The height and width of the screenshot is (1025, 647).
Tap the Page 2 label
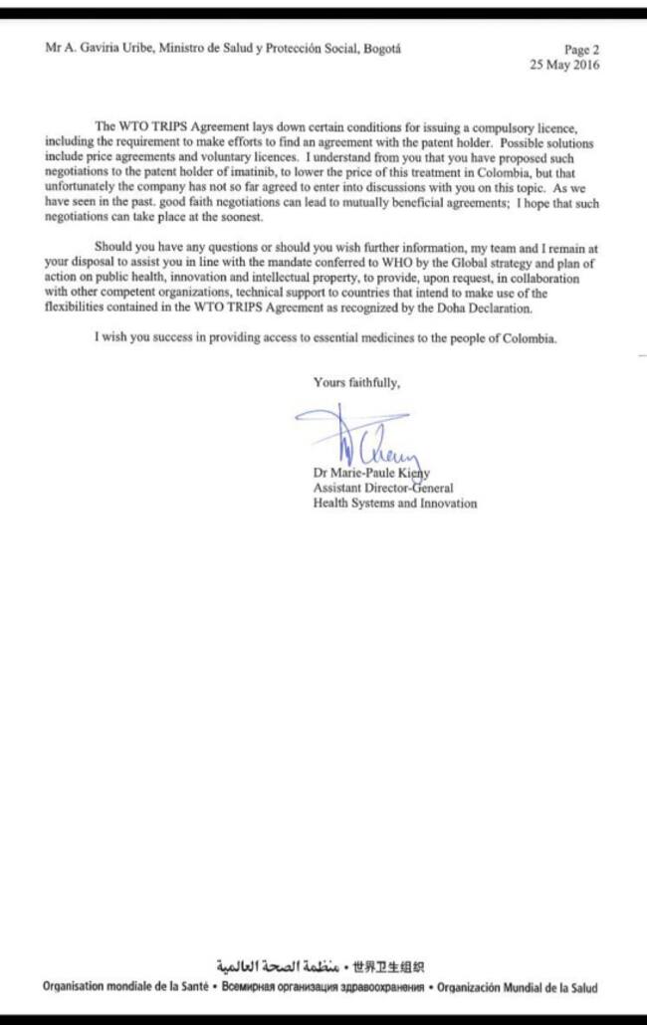coord(581,50)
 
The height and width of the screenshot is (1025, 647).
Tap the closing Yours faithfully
coord(357,381)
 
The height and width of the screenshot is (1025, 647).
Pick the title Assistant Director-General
coord(383,488)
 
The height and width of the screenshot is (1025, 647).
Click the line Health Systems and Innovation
coord(394,504)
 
